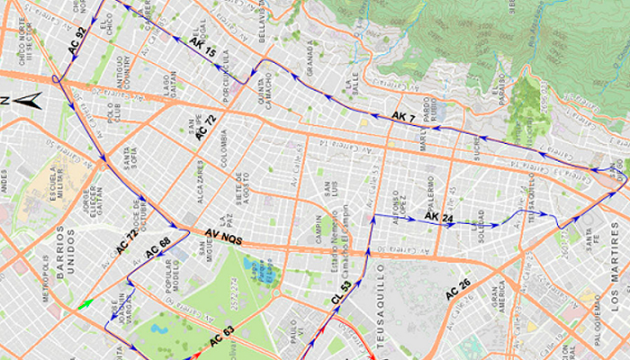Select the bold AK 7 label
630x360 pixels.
[403, 117]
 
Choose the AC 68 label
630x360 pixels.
[158, 244]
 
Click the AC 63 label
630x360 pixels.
[221, 340]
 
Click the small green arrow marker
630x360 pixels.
[85, 304]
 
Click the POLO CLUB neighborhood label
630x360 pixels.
[113, 117]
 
